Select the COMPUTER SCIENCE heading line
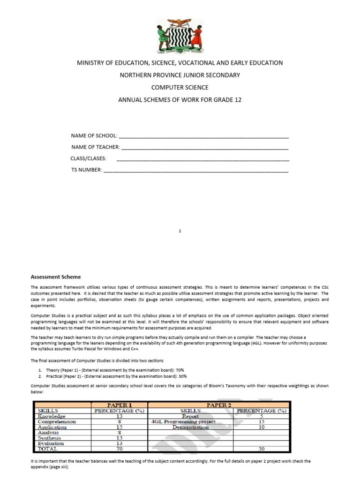(x=180, y=88)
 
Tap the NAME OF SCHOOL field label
(x=94, y=136)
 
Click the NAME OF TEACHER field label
(x=95, y=147)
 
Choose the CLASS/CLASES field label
(x=89, y=158)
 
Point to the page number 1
(x=180, y=231)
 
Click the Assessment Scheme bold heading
(x=56, y=277)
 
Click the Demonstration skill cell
(x=190, y=427)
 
